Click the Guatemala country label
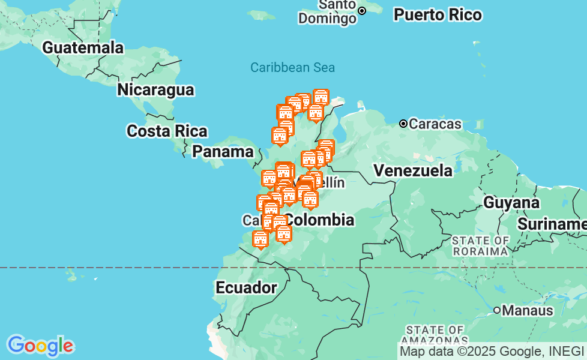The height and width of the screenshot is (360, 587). (83, 47)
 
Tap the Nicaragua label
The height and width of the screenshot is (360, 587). (155, 90)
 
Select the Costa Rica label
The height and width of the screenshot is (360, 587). (167, 131)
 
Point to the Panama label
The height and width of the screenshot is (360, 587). (223, 151)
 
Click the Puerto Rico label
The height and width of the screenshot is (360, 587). (438, 15)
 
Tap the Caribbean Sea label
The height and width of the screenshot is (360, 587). (292, 67)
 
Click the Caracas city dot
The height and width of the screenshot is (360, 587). (404, 124)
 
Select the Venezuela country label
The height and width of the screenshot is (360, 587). (413, 170)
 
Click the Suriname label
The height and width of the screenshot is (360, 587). (552, 224)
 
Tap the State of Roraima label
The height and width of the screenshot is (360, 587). (481, 245)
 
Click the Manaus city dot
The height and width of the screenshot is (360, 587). (497, 310)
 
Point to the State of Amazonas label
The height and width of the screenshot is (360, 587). (435, 335)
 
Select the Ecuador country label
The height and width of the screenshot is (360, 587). (246, 287)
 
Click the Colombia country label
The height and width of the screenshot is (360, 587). (319, 219)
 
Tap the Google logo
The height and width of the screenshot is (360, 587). (40, 345)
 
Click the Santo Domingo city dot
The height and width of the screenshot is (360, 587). (362, 11)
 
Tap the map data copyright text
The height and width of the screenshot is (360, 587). (492, 351)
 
